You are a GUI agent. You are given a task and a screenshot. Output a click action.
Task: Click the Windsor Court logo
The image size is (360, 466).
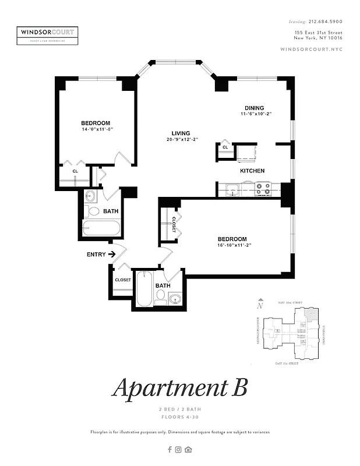(48, 34)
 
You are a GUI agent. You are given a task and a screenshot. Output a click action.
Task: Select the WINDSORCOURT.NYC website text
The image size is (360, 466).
(312, 50)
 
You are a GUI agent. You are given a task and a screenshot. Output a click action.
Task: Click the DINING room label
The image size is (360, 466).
(254, 108)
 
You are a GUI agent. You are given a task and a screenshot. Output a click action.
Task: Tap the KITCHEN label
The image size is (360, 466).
(252, 171)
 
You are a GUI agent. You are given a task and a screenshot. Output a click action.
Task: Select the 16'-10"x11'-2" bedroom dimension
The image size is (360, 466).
(232, 245)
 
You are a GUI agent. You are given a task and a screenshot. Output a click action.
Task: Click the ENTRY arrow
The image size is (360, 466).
(111, 255)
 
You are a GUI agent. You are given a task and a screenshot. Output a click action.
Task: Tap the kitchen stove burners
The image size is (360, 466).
(263, 189)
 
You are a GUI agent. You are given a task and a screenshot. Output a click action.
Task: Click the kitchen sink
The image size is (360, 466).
(231, 189)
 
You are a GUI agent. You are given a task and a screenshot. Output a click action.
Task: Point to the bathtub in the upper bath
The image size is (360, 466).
(101, 228)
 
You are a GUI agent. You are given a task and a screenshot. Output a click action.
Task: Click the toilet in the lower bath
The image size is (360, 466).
(160, 297)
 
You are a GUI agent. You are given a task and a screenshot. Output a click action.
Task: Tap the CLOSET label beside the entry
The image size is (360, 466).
(122, 280)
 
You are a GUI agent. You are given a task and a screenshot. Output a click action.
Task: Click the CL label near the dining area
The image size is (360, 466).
(224, 147)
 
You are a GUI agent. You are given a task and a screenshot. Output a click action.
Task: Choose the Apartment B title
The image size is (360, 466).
(179, 387)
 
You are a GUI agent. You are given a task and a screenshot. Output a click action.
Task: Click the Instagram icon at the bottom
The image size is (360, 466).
(179, 449)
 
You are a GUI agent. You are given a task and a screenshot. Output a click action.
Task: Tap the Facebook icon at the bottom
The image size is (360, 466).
(170, 449)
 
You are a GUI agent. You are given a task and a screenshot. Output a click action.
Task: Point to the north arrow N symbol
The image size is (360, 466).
(260, 304)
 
